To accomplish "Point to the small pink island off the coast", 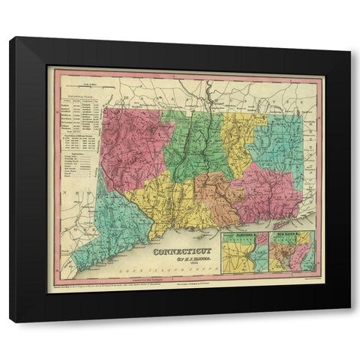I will pos(282,223).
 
